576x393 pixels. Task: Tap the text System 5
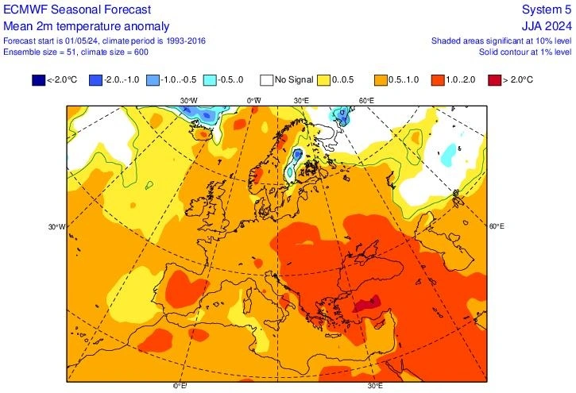(x=547, y=9)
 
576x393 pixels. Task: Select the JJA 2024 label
(x=547, y=25)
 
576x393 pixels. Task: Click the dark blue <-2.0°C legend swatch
(x=39, y=79)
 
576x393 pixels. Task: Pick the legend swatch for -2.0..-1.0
(x=96, y=79)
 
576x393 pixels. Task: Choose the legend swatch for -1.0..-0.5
(x=153, y=79)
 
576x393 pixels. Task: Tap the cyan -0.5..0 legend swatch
(x=209, y=79)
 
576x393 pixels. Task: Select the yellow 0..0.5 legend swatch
(x=323, y=79)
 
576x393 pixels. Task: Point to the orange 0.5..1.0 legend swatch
(x=381, y=79)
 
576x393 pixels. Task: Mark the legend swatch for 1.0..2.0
(x=438, y=79)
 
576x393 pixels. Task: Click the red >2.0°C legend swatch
(x=494, y=79)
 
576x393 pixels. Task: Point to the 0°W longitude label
(x=253, y=101)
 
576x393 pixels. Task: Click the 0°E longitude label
(x=180, y=386)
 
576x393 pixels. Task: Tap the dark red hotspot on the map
(x=367, y=302)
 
